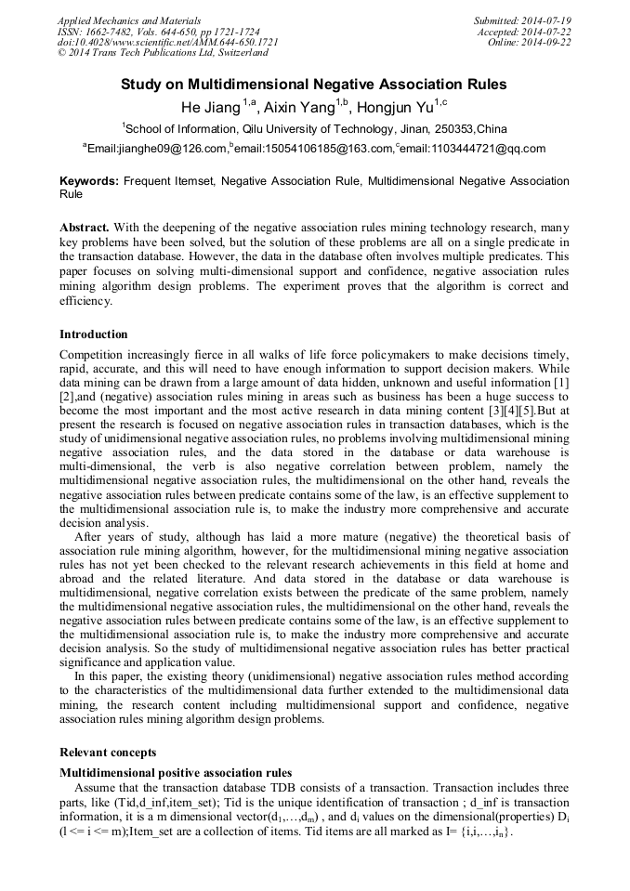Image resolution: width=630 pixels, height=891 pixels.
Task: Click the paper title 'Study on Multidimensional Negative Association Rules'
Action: pos(314,85)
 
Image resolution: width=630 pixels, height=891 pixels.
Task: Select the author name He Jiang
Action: pos(211,107)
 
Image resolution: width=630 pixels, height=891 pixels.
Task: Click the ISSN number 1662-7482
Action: pos(115,32)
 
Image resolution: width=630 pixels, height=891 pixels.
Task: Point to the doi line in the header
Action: pos(167,43)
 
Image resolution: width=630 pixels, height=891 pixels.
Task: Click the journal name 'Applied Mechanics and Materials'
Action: pos(128,20)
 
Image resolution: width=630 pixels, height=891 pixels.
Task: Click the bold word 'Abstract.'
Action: pos(85,228)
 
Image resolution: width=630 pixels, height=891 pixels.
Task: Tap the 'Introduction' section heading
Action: pos(94,334)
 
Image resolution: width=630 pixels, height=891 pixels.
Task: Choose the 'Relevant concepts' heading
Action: pos(108,753)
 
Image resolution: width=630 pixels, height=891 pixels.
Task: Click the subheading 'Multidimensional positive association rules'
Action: pos(176,773)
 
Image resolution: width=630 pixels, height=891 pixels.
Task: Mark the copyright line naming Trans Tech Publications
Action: pos(163,54)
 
